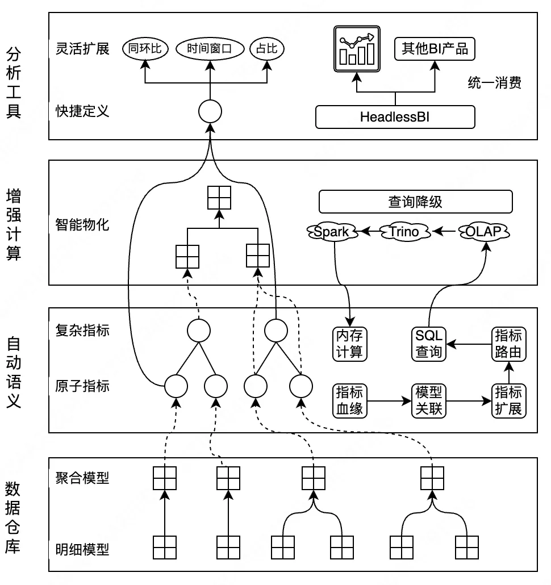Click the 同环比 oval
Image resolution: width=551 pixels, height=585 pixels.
(x=145, y=49)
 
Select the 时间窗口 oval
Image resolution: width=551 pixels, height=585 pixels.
(x=210, y=49)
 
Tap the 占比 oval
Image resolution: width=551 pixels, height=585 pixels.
(x=267, y=49)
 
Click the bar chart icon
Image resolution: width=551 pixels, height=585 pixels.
(x=356, y=48)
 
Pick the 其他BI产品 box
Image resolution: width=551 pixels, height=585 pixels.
(x=435, y=49)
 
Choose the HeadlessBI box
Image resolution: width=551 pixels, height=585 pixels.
(x=395, y=117)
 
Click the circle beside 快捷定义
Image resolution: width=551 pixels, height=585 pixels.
(x=210, y=111)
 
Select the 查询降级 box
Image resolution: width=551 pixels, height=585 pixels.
(x=415, y=201)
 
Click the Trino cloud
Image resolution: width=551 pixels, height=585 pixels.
(x=403, y=231)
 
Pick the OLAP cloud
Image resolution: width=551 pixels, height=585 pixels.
(x=484, y=231)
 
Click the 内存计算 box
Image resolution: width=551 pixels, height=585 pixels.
(x=349, y=344)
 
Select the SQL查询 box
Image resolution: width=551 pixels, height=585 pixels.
(x=428, y=344)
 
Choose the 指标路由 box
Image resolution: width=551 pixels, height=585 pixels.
(x=508, y=344)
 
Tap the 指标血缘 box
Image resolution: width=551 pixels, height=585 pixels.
(x=349, y=400)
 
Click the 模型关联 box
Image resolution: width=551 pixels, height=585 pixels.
(x=428, y=400)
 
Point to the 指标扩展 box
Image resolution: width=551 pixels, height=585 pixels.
(x=508, y=400)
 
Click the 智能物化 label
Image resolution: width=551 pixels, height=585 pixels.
(x=82, y=225)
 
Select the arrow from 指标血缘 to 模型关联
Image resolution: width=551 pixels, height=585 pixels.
(x=389, y=400)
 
